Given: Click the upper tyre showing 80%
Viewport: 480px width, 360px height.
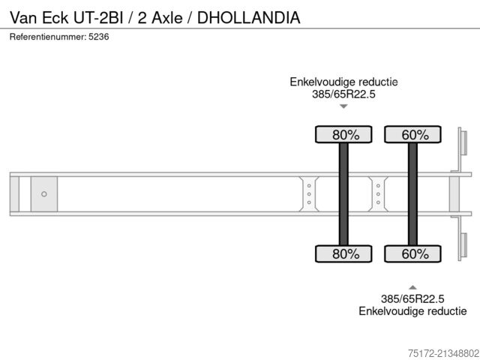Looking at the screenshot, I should pos(346,135).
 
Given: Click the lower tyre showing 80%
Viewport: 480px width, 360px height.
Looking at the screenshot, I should pos(346,253).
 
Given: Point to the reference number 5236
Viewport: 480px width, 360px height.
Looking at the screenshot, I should pos(97,37).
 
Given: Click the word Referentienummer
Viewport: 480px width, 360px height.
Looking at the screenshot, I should pos(46,37).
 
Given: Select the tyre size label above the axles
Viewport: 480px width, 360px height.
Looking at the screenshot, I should pos(343,94).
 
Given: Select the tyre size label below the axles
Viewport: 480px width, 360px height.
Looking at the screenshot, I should pos(412,298).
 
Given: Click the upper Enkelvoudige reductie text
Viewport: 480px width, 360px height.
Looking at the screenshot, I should pos(343,82).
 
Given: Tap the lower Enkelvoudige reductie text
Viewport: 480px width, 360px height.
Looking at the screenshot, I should pos(412,311).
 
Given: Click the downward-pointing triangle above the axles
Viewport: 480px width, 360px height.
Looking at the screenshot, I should pos(343,106).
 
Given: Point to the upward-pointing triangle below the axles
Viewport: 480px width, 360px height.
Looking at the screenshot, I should pos(412,286).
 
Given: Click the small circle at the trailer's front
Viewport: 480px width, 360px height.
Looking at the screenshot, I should pos(44,194).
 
